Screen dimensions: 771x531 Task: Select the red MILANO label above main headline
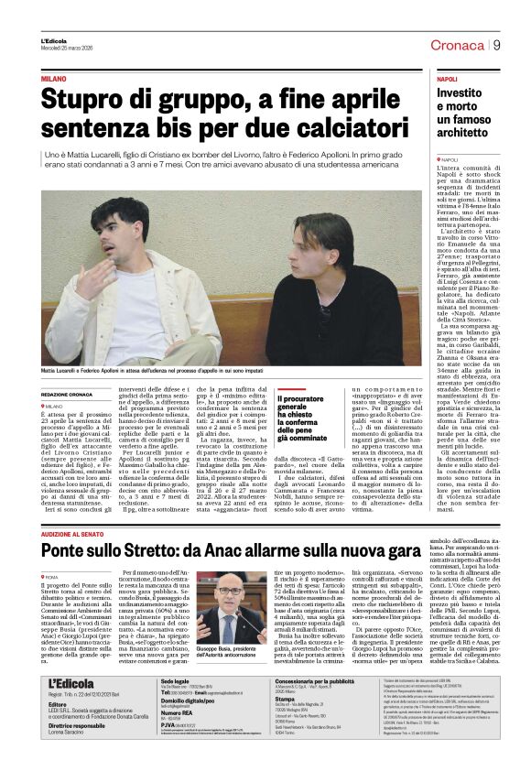coord(54,81)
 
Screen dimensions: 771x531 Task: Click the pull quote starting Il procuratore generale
coord(305,418)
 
